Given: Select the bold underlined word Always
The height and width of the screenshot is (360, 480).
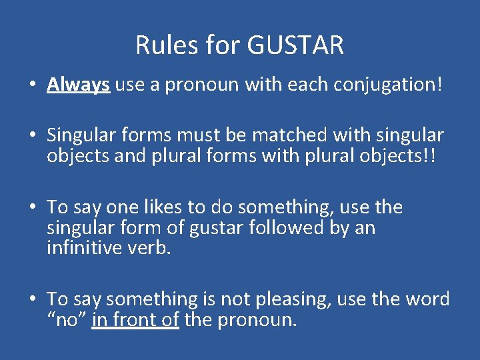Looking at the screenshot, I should (x=78, y=85).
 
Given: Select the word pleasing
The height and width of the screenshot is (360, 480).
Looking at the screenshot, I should (x=291, y=299).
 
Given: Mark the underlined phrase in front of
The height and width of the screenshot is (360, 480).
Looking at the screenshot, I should (x=135, y=320).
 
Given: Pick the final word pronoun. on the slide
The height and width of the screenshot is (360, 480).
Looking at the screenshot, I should (x=257, y=320).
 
